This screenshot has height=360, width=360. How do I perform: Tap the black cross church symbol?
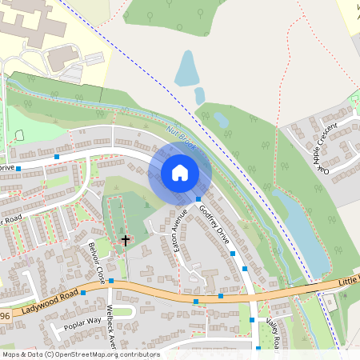pyautogui.click(x=124, y=239)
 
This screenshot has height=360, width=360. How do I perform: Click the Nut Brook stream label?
pyautogui.click(x=182, y=139)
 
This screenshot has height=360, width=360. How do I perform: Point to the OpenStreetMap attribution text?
pyautogui.click(x=80, y=354)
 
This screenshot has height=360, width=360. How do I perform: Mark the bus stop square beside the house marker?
pyautogui.click(x=198, y=198)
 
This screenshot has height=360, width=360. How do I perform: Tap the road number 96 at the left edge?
pyautogui.click(x=5, y=317)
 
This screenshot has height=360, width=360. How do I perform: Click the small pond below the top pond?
pyautogui.click(x=199, y=95)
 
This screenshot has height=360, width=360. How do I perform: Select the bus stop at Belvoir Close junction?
pyautogui.click(x=112, y=281)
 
